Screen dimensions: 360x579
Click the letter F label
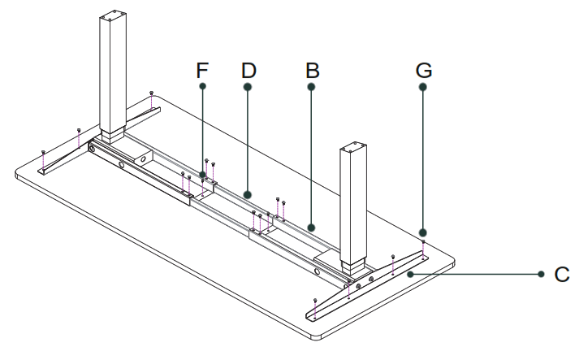[202, 70]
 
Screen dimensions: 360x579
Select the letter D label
[248, 70]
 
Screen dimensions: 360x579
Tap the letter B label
[312, 70]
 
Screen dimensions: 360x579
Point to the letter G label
[423, 70]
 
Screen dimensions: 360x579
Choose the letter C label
[561, 275]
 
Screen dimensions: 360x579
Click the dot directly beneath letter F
[202, 86]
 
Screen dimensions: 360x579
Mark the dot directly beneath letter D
[248, 86]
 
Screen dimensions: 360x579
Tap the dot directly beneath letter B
[312, 86]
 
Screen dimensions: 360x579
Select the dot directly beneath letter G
[423, 86]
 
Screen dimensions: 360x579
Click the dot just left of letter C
[541, 275]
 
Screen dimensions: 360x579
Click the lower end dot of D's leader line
[248, 194]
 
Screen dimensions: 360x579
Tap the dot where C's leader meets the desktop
[413, 275]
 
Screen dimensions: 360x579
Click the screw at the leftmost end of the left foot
[42, 152]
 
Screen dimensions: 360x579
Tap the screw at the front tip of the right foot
[315, 302]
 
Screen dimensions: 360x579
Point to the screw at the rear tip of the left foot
[152, 93]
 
